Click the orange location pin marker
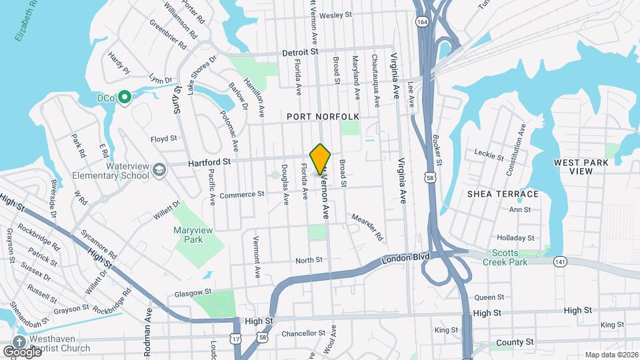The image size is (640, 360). (x=321, y=159)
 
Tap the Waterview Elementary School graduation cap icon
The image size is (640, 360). (x=159, y=171)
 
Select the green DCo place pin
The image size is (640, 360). (x=124, y=97)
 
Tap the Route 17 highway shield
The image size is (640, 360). (x=235, y=339)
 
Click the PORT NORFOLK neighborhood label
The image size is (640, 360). (x=323, y=117)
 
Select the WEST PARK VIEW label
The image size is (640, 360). (x=573, y=166)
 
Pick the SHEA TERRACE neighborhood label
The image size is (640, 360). (x=503, y=194)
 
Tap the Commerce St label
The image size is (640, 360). (x=243, y=195)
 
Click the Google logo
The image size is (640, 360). (x=21, y=351)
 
